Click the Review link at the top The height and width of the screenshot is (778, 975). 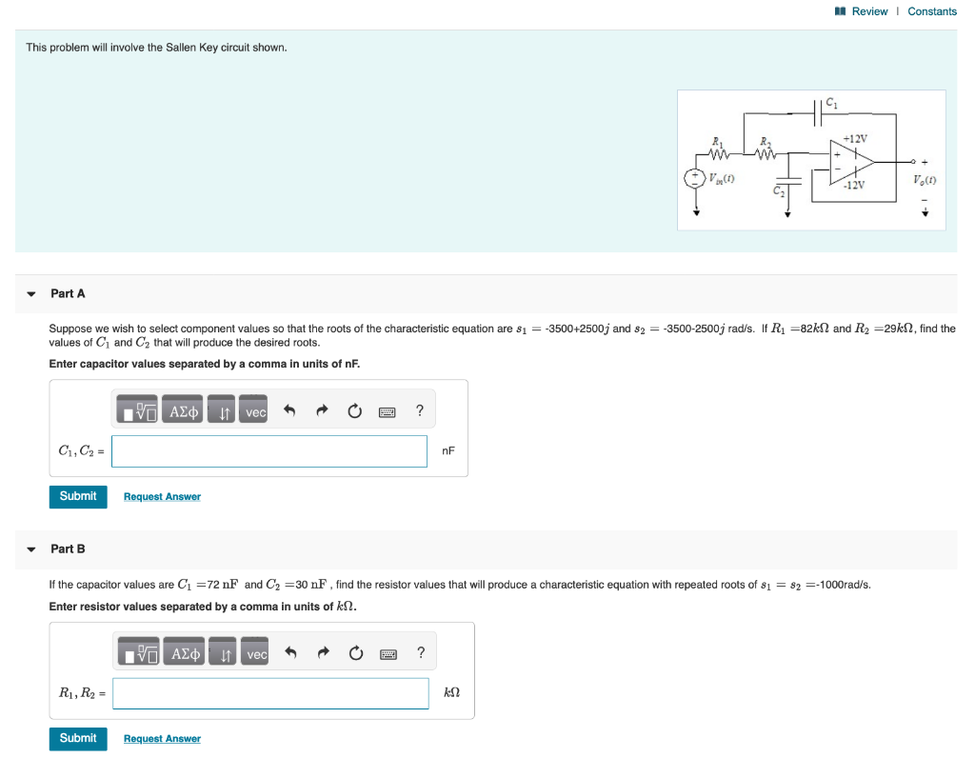click(x=868, y=11)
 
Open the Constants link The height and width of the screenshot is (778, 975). click(x=931, y=11)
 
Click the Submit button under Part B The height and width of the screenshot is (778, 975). click(x=77, y=738)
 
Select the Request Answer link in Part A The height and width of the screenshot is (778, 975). click(x=162, y=496)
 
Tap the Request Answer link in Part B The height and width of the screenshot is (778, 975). click(x=162, y=739)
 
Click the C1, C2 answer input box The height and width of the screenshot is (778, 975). click(x=269, y=451)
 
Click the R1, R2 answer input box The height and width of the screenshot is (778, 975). click(x=270, y=693)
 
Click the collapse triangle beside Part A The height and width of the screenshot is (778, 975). click(x=31, y=294)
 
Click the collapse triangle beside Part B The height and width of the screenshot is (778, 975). click(x=31, y=549)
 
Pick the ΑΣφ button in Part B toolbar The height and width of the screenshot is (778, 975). click(x=184, y=654)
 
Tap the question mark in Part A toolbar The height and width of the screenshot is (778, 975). click(x=419, y=411)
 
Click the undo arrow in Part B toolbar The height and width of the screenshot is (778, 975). click(x=291, y=654)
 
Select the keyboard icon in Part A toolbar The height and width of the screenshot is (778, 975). click(x=387, y=412)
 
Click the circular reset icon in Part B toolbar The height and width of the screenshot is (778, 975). click(x=356, y=654)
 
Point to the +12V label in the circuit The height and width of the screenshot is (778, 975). click(x=854, y=139)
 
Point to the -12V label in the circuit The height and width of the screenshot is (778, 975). click(x=854, y=185)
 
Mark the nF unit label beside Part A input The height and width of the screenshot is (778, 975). click(x=448, y=450)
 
